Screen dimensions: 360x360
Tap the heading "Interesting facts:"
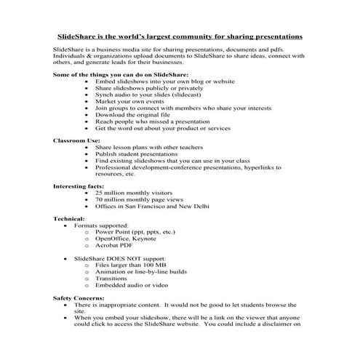pyautogui.click(x=81, y=186)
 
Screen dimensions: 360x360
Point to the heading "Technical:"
pyautogui.click(x=69, y=219)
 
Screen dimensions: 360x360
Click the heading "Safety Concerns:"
pyautogui.click(x=81, y=298)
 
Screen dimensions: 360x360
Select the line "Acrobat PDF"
pyautogui.click(x=118, y=246)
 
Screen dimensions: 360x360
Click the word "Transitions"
pyautogui.click(x=113, y=279)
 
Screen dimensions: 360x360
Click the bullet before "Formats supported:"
pyautogui.click(x=67, y=226)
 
